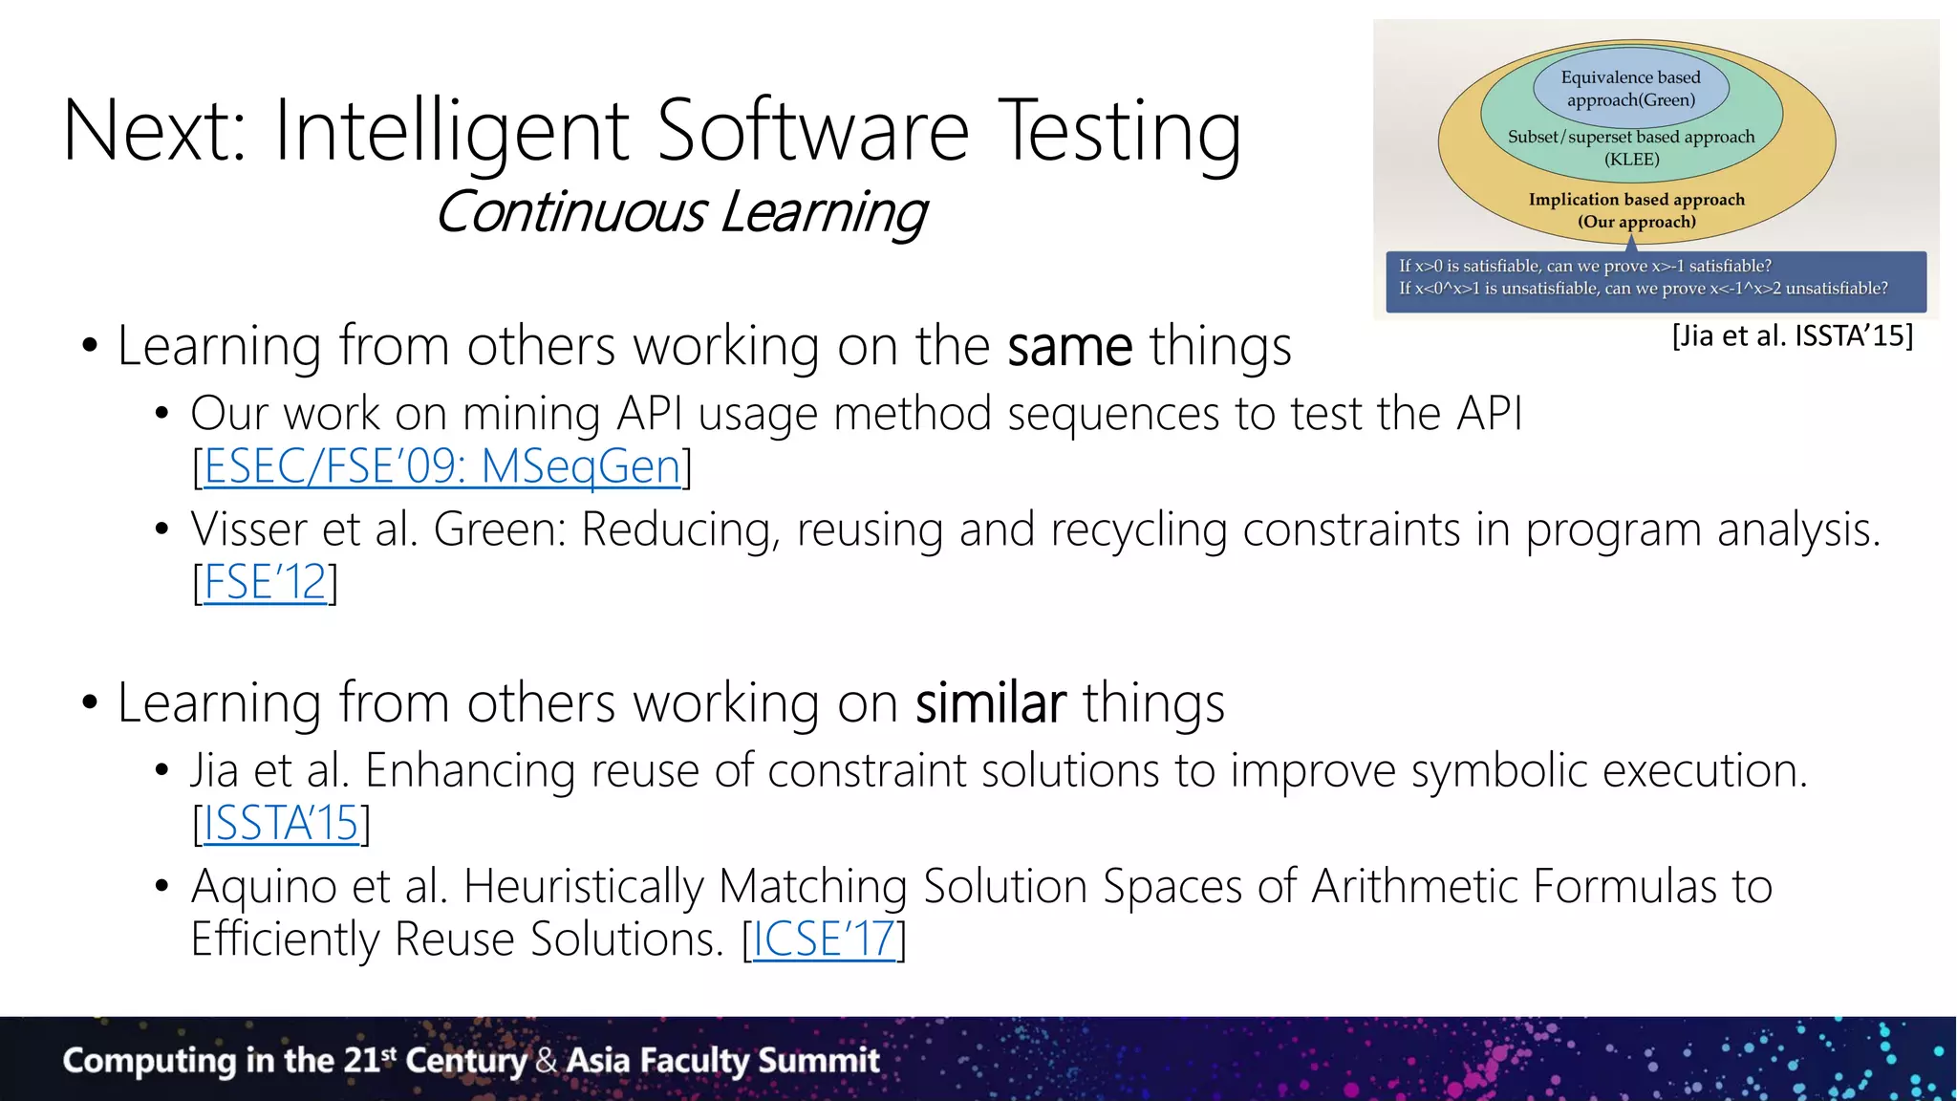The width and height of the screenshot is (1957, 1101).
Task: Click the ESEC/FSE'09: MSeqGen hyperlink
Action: (x=441, y=467)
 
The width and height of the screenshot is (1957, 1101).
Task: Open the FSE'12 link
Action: (x=265, y=583)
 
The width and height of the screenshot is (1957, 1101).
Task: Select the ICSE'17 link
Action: (x=824, y=939)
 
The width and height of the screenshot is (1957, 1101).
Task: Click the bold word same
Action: (x=1069, y=347)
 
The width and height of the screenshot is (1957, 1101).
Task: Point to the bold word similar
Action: (x=990, y=703)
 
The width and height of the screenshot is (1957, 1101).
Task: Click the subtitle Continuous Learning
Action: (x=680, y=212)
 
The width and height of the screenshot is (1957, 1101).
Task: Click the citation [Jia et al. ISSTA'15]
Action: (x=1792, y=336)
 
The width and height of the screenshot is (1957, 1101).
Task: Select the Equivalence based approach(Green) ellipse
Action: (x=1630, y=89)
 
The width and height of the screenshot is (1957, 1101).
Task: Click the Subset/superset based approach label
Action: (x=1630, y=137)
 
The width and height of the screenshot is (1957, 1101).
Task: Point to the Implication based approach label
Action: (x=1636, y=200)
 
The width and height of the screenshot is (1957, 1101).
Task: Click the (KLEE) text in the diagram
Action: (x=1631, y=160)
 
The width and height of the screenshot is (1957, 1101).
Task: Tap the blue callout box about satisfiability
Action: (x=1655, y=278)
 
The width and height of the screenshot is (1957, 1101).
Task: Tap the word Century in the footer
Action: (x=465, y=1061)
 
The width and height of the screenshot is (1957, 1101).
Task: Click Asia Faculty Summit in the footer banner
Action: (x=722, y=1061)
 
